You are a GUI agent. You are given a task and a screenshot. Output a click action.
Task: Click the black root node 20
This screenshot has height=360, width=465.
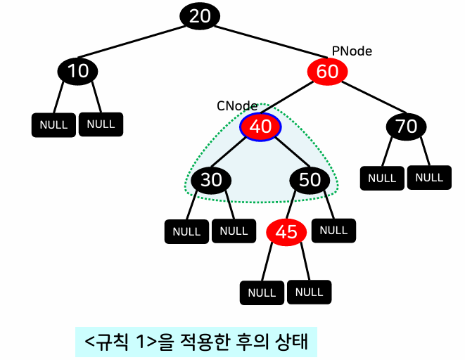pos(200,16)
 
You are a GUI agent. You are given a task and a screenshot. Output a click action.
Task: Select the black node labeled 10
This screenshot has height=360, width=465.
pos(78,71)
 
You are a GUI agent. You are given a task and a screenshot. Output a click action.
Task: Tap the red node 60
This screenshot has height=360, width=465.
pos(327,71)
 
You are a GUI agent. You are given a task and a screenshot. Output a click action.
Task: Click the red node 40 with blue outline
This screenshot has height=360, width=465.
pos(260,127)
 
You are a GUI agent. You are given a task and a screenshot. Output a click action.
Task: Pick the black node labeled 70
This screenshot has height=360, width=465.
pos(406,127)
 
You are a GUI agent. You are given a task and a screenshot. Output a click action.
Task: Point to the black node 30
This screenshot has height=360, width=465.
pos(211,180)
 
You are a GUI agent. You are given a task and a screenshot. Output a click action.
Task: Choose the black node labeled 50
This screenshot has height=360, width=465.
pos(310,180)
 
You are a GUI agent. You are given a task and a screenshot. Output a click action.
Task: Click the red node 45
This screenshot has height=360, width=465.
pos(286,232)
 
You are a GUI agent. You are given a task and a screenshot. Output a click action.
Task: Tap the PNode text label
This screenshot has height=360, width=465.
pos(352,51)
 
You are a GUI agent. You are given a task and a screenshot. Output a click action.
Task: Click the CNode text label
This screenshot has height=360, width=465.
pos(237,105)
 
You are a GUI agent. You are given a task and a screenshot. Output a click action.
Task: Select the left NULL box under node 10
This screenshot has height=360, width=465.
pos(53,125)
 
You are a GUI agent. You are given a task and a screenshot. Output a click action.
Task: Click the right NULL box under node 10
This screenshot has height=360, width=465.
pos(101,124)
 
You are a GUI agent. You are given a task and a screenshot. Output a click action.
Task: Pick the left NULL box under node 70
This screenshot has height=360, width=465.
pos(382,178)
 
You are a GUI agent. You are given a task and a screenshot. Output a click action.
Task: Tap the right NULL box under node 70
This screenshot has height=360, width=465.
pos(429,177)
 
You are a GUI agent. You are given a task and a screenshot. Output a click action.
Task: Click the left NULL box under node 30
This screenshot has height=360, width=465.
pos(186,231)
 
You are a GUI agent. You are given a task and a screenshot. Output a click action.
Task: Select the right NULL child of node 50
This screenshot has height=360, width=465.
pos(333,230)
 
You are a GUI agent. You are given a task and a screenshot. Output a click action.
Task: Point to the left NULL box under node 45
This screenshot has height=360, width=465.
pos(262,292)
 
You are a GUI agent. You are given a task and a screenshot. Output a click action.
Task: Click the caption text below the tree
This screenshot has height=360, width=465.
pos(197,342)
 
